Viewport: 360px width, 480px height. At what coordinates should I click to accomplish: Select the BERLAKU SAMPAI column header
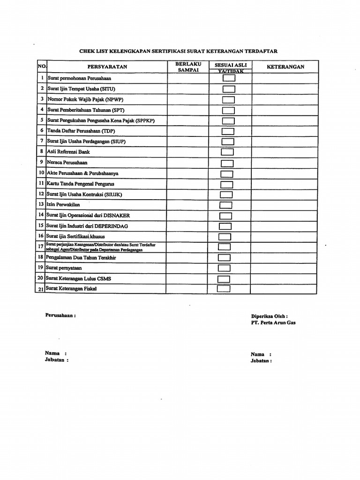click(188, 67)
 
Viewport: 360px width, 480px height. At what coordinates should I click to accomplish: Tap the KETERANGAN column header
click(285, 67)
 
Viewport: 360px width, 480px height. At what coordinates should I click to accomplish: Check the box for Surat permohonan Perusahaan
click(229, 78)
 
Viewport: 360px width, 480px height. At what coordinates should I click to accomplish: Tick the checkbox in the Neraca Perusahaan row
click(227, 163)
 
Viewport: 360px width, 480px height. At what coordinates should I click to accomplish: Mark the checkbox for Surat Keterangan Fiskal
click(224, 288)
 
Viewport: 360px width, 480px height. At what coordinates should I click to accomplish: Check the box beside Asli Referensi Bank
click(227, 152)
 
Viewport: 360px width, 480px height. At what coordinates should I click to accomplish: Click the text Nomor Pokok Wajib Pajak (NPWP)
click(85, 99)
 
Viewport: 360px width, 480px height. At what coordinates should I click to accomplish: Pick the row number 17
click(41, 247)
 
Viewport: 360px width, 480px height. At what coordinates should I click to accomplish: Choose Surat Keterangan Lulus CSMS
click(78, 278)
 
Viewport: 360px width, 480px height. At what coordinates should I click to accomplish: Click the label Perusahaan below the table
click(60, 315)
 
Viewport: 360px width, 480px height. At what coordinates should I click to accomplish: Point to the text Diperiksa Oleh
click(269, 316)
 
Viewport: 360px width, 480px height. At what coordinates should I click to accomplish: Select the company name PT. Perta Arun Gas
click(273, 322)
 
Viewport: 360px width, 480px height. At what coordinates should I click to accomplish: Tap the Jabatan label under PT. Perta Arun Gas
click(261, 360)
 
